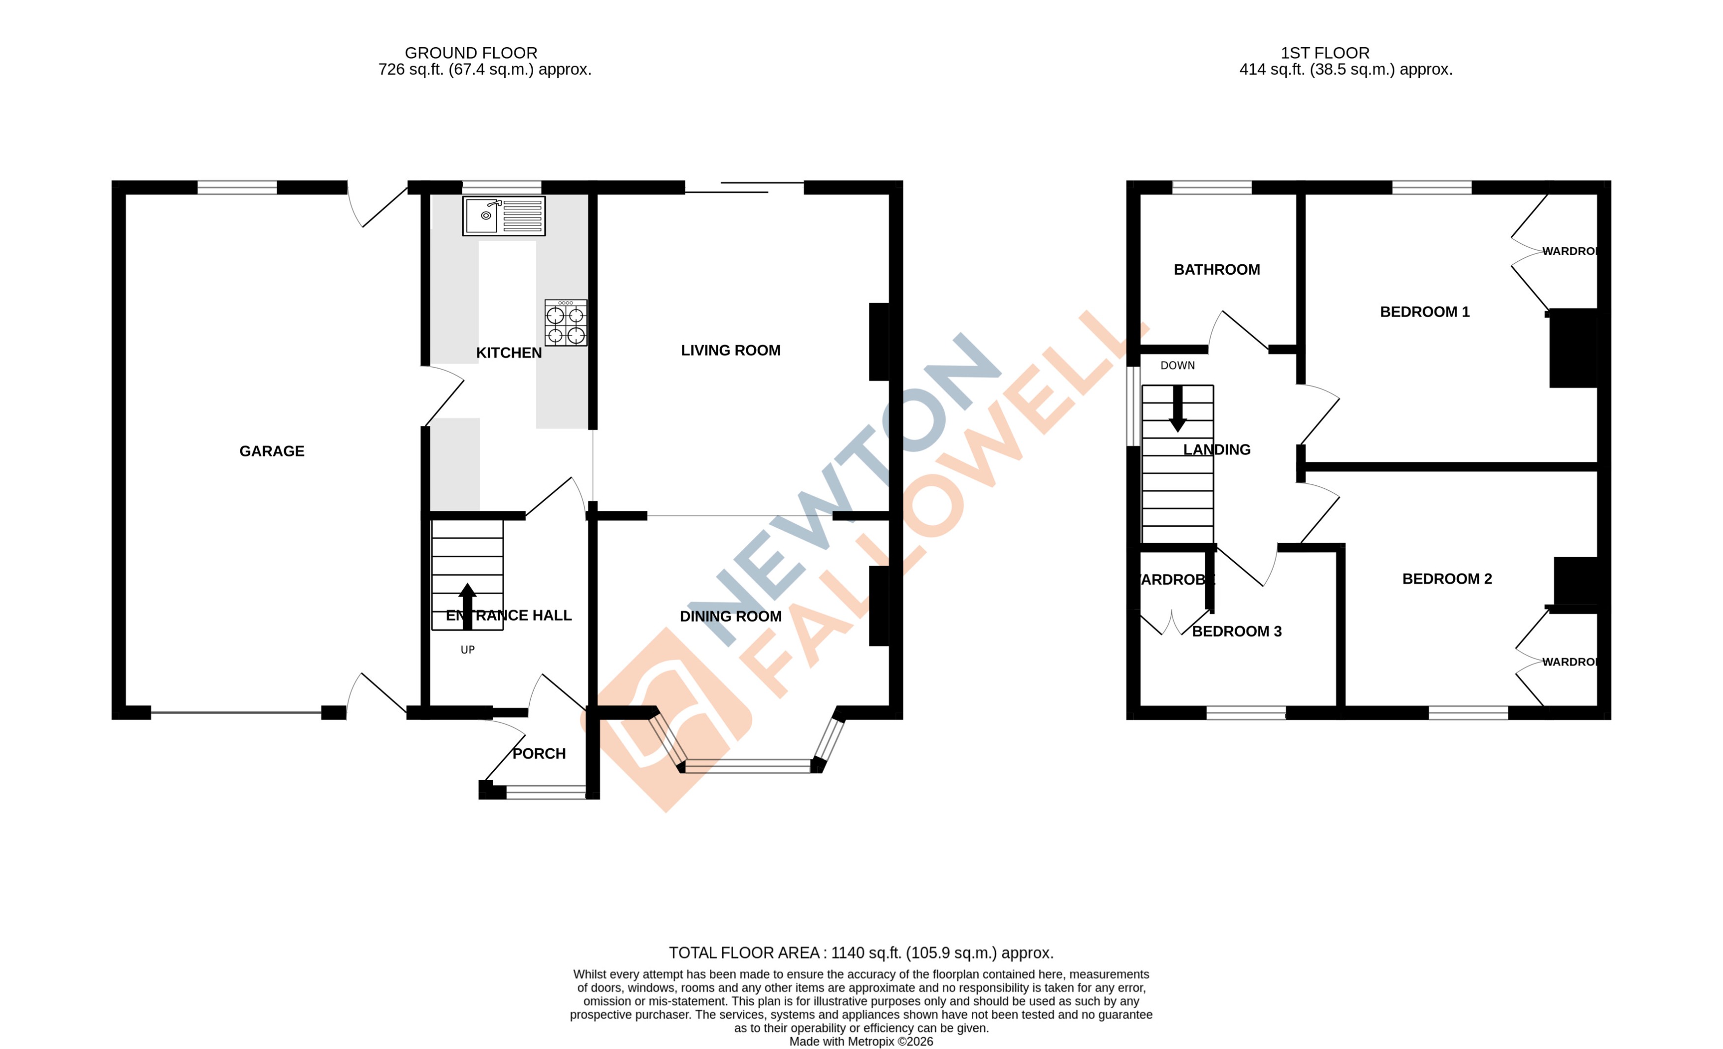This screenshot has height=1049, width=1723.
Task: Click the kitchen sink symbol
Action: click(504, 216)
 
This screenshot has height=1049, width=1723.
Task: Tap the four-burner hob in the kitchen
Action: click(566, 323)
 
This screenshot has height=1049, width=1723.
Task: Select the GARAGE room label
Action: click(272, 451)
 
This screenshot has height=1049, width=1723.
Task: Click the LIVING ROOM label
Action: click(731, 350)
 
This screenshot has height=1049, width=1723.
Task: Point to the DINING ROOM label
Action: click(731, 616)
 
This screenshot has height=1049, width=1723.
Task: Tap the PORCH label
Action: click(539, 754)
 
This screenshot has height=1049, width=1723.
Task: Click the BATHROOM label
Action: click(1217, 270)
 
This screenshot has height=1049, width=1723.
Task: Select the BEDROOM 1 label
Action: click(1424, 312)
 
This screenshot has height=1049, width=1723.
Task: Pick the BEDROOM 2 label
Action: click(1447, 579)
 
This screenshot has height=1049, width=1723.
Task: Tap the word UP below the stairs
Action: click(468, 650)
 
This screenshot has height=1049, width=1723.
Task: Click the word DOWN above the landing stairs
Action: click(1178, 366)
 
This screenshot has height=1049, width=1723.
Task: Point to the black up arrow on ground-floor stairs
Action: click(467, 605)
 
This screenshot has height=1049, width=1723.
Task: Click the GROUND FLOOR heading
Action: click(471, 53)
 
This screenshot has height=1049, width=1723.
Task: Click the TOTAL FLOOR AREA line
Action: click(861, 953)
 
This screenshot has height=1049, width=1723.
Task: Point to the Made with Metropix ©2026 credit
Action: click(861, 1041)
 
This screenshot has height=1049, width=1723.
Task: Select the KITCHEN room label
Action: click(509, 353)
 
